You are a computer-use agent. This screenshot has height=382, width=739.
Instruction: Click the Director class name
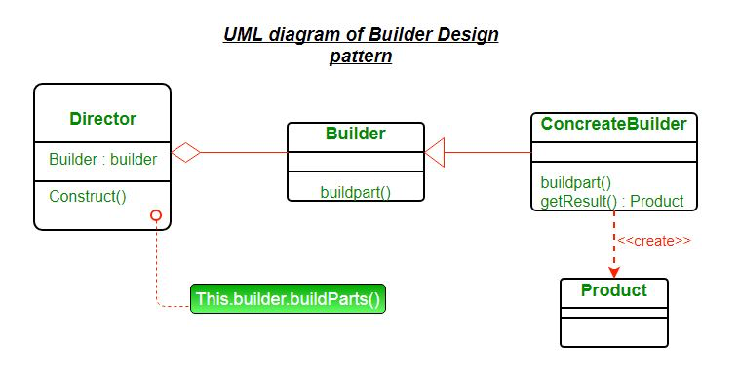click(x=102, y=119)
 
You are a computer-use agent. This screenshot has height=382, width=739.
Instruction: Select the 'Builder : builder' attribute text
click(x=102, y=159)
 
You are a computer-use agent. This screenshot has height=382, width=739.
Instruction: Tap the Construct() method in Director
click(x=88, y=195)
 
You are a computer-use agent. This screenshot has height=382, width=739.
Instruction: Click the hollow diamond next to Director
click(x=185, y=152)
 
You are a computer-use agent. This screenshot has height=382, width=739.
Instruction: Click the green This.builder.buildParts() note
click(x=288, y=299)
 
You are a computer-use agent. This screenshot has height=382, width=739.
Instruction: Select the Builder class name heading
click(x=355, y=134)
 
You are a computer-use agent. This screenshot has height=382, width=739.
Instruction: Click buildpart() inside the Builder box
click(x=355, y=192)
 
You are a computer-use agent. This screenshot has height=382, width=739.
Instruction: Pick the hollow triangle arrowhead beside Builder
click(x=435, y=152)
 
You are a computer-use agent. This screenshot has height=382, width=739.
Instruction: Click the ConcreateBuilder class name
click(x=613, y=124)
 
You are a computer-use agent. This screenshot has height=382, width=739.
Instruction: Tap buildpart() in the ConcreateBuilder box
click(x=575, y=182)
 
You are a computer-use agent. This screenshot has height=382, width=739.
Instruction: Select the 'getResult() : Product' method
click(x=611, y=202)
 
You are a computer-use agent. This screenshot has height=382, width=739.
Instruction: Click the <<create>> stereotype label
click(x=654, y=241)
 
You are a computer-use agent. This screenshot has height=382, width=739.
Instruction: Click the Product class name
click(x=613, y=290)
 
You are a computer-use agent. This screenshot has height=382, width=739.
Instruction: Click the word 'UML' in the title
click(x=243, y=35)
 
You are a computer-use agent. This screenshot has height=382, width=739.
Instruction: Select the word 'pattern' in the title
click(x=361, y=57)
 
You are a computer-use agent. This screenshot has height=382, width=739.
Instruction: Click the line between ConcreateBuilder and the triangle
click(x=487, y=152)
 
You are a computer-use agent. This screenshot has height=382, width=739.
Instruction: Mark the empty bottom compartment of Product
click(x=613, y=331)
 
